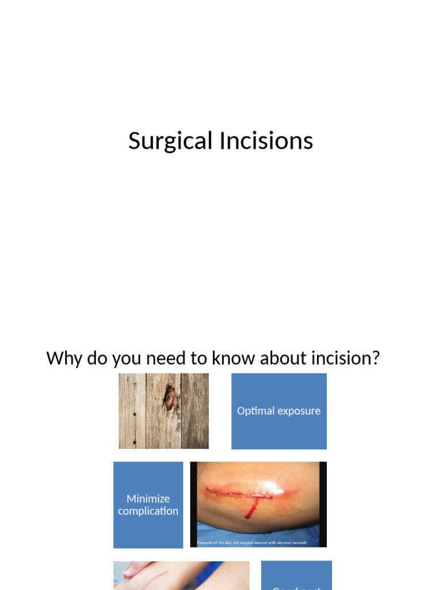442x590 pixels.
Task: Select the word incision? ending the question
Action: [345, 358]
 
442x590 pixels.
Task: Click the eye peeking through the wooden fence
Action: [169, 398]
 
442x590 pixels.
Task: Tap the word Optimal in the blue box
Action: [254, 411]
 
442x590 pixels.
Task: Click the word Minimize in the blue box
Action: [148, 499]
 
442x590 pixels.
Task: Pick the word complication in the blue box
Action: [148, 511]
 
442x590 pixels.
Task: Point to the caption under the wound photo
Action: [252, 542]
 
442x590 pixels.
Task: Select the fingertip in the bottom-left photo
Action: [128, 569]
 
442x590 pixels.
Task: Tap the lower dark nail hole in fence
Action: [134, 442]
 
